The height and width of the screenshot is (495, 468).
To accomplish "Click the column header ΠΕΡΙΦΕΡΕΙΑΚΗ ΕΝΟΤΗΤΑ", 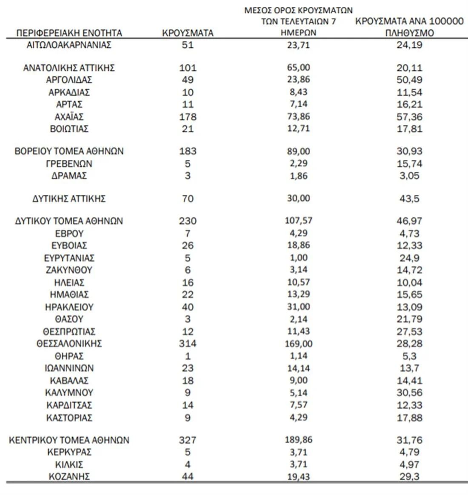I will [x=69, y=33].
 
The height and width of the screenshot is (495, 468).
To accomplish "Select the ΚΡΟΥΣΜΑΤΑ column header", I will [x=188, y=33].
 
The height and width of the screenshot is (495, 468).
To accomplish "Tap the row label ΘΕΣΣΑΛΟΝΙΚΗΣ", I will [x=69, y=344].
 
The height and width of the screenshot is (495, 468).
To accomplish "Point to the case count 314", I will [x=188, y=344].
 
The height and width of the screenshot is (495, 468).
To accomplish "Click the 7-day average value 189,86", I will [x=298, y=440].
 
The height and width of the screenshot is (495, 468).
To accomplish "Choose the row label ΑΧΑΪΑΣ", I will [x=69, y=117].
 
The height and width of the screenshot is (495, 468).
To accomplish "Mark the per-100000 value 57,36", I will [x=409, y=117].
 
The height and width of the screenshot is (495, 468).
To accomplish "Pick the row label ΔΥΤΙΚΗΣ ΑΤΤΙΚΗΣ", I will [x=69, y=199].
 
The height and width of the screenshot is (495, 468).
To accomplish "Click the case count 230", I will [x=188, y=221].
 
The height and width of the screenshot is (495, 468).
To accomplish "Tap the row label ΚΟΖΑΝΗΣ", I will [x=69, y=477].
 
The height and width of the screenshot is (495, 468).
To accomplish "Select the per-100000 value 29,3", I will [x=409, y=477].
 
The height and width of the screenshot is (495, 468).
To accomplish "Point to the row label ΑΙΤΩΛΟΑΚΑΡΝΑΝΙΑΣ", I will [x=69, y=45].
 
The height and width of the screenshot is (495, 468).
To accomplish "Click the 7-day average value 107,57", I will [x=298, y=221].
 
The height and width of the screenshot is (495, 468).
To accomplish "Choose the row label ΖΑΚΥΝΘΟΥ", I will [x=69, y=270].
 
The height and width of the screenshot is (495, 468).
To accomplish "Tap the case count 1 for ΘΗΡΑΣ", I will [x=188, y=356].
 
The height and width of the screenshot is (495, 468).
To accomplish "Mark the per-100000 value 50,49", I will [x=409, y=80].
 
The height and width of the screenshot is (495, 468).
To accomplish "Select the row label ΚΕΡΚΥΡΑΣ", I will [x=69, y=452].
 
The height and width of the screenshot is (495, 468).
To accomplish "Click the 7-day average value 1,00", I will [x=298, y=258].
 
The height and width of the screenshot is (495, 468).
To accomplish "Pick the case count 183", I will [x=188, y=151].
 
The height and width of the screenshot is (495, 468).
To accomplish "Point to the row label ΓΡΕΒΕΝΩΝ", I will [x=69, y=164].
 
